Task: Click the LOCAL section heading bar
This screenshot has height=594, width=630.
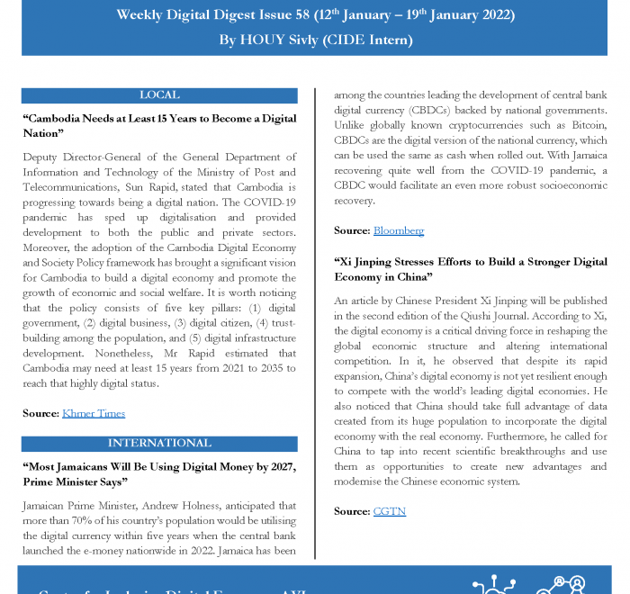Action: pos(159,94)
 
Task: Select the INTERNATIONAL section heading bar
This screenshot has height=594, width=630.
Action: pos(159,443)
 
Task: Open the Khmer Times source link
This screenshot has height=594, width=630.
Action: pos(93,413)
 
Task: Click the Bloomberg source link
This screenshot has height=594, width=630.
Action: pos(398,230)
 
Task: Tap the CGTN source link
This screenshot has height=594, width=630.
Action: pos(389,511)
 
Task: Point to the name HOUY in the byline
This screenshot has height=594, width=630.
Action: pos(267,40)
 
